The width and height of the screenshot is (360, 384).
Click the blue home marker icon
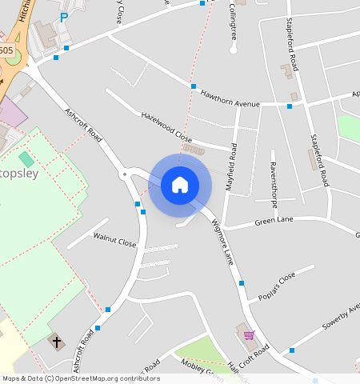pyautogui.click(x=180, y=185)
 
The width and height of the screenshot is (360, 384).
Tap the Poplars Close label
pyautogui.click(x=277, y=286)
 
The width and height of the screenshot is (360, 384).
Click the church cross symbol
pyautogui.click(x=56, y=342)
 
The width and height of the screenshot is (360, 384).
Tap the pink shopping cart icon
pyautogui.click(x=249, y=335)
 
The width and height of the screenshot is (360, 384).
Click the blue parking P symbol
pyautogui.click(x=64, y=17)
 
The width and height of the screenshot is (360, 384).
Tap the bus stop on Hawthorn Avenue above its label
pyautogui.click(x=194, y=86)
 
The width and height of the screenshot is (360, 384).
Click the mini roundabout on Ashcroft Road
pyautogui.click(x=123, y=173)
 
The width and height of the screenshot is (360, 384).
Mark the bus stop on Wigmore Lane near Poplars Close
pyautogui.click(x=241, y=283)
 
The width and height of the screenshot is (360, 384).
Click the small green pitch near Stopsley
pyautogui.click(x=26, y=159)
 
